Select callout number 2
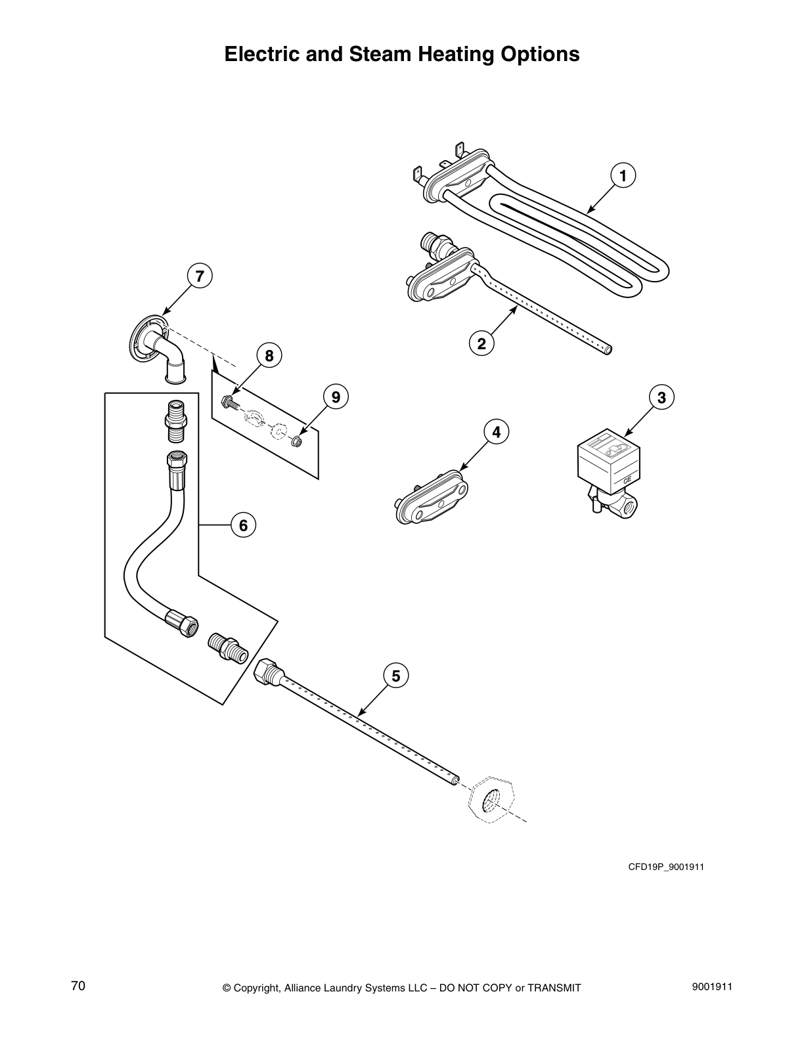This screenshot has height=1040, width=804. pyautogui.click(x=481, y=343)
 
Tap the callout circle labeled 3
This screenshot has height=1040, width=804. pyautogui.click(x=661, y=398)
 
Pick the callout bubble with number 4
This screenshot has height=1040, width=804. pyautogui.click(x=497, y=432)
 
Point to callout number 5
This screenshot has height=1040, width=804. pyautogui.click(x=395, y=676)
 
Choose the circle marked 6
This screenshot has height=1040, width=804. pyautogui.click(x=243, y=525)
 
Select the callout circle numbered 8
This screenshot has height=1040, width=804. pyautogui.click(x=269, y=357)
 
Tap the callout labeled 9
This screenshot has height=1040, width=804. pyautogui.click(x=336, y=397)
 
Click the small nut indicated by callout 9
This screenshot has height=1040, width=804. pyautogui.click(x=296, y=441)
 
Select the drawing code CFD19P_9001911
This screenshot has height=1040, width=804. pyautogui.click(x=666, y=867)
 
